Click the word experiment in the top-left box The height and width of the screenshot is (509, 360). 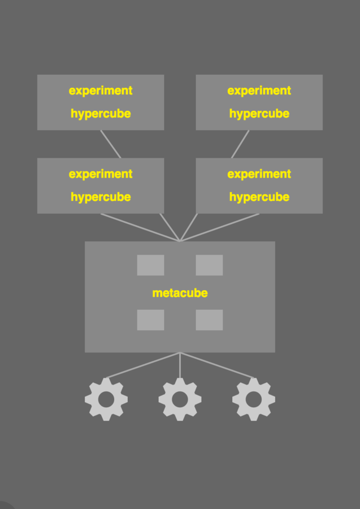(101, 90)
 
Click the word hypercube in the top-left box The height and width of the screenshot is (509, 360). (101, 114)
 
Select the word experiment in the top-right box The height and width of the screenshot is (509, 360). (259, 90)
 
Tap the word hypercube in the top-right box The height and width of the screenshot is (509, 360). (259, 114)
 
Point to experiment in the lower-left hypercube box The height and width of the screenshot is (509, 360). (101, 174)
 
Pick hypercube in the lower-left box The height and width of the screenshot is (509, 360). (101, 197)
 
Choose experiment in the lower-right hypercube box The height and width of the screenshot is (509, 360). (259, 174)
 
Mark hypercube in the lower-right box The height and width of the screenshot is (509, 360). (259, 197)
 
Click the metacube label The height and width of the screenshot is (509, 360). (180, 293)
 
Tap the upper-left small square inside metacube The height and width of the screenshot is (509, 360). (150, 265)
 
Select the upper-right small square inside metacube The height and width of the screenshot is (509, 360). (209, 265)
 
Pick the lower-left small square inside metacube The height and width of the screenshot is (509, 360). (150, 320)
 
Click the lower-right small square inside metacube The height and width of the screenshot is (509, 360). (209, 320)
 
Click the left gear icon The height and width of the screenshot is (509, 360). (106, 399)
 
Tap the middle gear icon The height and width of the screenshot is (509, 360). (180, 399)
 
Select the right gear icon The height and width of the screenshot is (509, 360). (254, 399)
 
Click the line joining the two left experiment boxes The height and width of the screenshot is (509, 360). (111, 144)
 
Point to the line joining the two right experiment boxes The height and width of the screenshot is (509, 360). (240, 144)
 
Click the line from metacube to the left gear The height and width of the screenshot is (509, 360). (143, 365)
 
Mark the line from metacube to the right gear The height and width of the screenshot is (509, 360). (217, 365)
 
